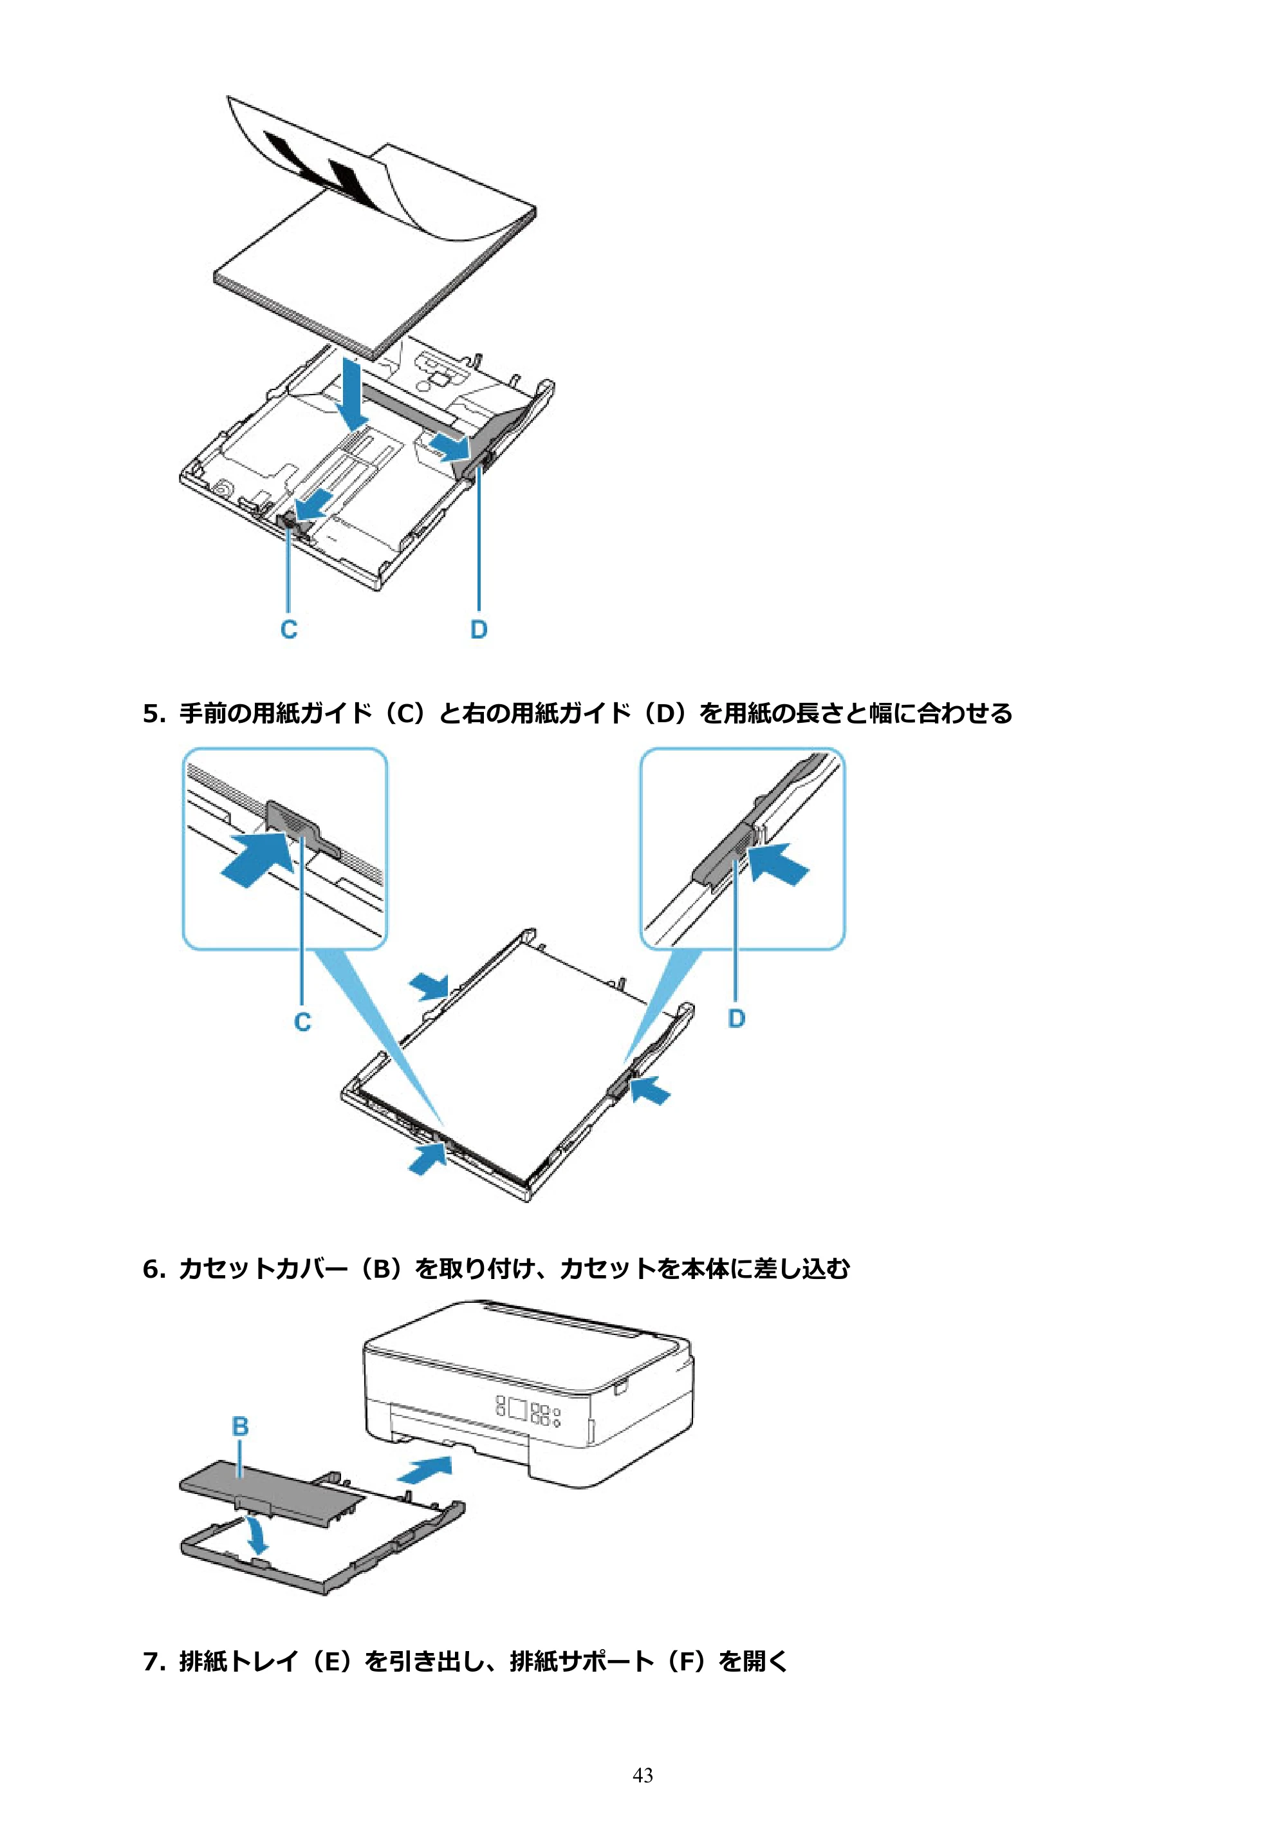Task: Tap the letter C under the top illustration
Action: [289, 630]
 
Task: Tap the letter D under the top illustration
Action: [479, 630]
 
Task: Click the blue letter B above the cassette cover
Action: [240, 1427]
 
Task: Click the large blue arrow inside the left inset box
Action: [255, 858]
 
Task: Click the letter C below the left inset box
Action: [302, 1022]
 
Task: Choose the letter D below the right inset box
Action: [737, 1018]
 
